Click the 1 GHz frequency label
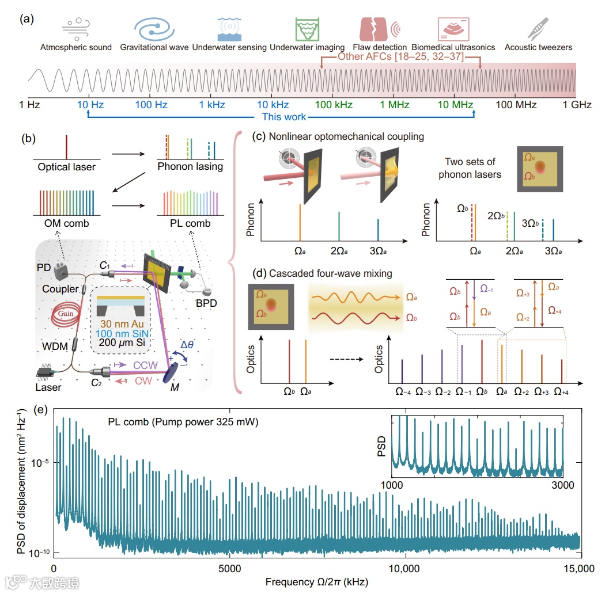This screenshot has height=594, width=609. point(577,105)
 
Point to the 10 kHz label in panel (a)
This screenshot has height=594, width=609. point(273,105)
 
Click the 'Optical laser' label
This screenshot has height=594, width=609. point(67,167)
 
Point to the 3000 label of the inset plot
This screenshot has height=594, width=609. point(562,485)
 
